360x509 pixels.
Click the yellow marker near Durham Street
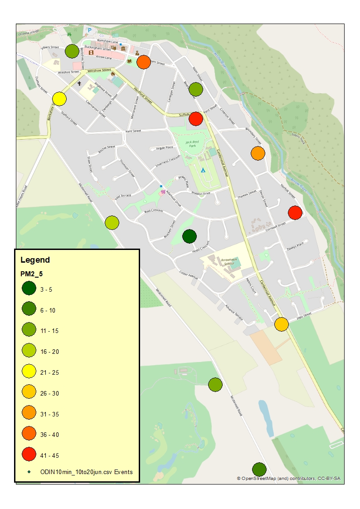(x=59, y=98)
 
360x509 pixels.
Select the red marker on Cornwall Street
(x=295, y=212)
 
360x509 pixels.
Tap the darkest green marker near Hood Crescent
(x=189, y=236)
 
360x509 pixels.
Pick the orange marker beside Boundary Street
(x=258, y=153)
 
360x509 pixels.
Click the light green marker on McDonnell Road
(x=112, y=223)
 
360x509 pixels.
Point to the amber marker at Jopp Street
(x=282, y=324)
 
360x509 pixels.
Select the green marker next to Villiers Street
(x=72, y=51)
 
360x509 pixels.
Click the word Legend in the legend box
(x=35, y=260)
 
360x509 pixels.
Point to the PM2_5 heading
(x=32, y=274)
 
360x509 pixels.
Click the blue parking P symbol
(x=90, y=30)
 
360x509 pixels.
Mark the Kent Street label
(x=133, y=131)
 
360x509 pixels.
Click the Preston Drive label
(x=201, y=194)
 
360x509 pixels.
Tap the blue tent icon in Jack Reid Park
(x=203, y=170)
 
